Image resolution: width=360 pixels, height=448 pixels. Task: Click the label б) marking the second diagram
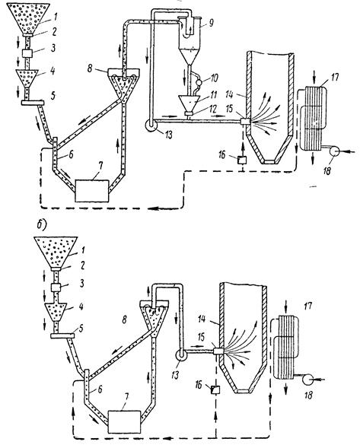[x=42, y=225]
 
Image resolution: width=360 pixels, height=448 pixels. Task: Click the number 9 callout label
[x=211, y=23]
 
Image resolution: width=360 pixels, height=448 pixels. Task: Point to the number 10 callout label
[x=214, y=78]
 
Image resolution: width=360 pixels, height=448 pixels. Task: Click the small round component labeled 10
[x=198, y=83]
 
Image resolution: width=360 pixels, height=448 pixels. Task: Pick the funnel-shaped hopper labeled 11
[x=189, y=103]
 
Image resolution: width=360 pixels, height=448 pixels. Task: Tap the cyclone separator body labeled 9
[x=190, y=40]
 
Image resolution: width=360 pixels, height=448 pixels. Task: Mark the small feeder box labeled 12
[x=189, y=114]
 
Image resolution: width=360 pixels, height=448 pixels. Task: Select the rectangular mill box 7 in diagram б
[x=124, y=421]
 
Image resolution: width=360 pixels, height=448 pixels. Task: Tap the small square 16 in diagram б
[x=215, y=389]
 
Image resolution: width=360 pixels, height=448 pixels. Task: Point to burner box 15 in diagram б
[x=218, y=351]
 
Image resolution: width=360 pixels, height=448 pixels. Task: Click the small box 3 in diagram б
[x=56, y=288]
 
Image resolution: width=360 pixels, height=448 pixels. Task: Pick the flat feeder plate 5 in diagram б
[x=62, y=335]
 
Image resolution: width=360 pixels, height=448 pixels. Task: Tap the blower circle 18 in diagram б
[x=308, y=380]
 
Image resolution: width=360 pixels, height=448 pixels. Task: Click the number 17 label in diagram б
[x=307, y=307]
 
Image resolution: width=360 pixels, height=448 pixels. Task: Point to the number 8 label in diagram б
[x=124, y=319]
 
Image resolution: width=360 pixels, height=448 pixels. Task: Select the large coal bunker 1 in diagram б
[x=56, y=252]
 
